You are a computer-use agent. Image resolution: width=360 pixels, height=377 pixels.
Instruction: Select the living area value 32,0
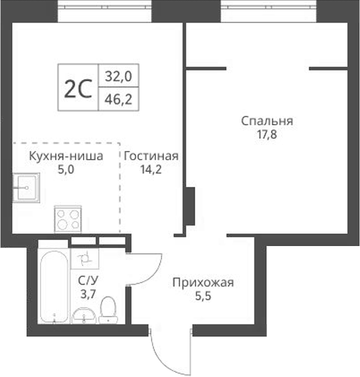(x=119, y=76)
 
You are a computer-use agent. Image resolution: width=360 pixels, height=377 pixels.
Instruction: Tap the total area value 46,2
(x=119, y=100)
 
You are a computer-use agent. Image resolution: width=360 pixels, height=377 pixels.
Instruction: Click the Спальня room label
(x=267, y=121)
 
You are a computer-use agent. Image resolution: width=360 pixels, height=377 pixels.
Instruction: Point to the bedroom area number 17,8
(x=267, y=136)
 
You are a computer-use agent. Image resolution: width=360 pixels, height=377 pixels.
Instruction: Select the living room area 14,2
(x=151, y=170)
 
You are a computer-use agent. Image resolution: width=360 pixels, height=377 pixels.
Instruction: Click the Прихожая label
(x=203, y=283)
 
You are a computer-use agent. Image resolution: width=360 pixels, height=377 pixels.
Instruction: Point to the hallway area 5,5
(x=203, y=297)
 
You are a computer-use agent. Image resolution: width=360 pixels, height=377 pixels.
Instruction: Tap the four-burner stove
(x=68, y=218)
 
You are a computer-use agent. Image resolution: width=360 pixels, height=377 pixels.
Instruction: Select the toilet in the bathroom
(x=108, y=309)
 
